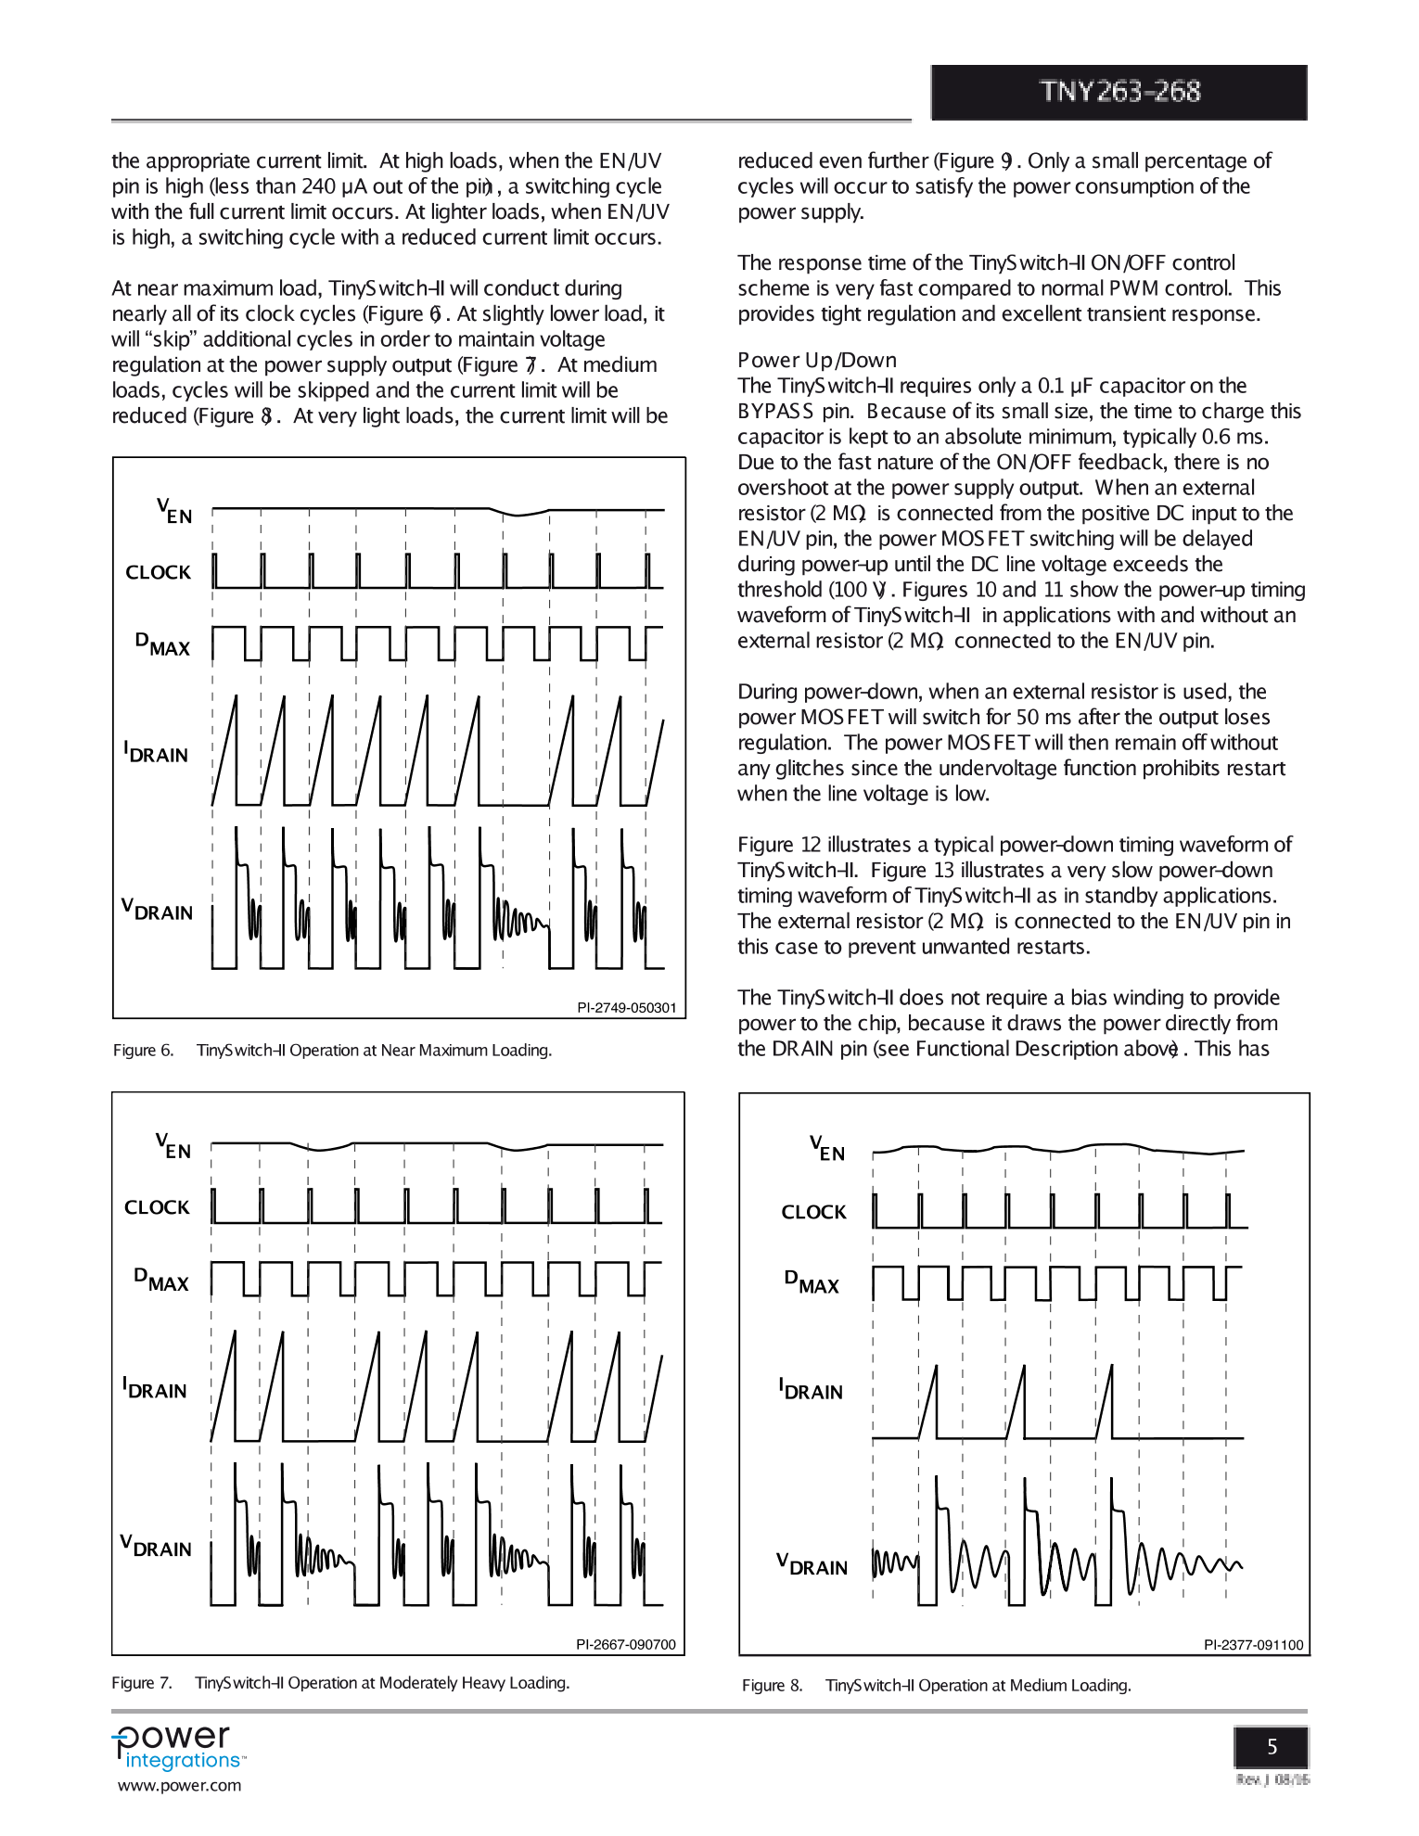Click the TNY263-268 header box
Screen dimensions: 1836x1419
tap(1119, 92)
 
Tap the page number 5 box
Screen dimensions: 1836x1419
tap(1271, 1747)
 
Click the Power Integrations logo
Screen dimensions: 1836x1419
tap(178, 1748)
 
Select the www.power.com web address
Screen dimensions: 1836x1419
tap(179, 1786)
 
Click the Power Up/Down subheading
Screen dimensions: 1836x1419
tap(816, 360)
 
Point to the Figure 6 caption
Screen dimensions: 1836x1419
tap(332, 1050)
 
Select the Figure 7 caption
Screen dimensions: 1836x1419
tap(340, 1683)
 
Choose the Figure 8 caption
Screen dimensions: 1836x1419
tap(936, 1685)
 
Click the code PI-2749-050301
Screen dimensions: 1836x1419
tap(626, 1008)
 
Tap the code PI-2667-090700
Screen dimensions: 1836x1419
tap(626, 1644)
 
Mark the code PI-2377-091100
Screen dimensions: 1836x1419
tap(1253, 1645)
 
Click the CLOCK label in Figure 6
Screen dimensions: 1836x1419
tap(158, 572)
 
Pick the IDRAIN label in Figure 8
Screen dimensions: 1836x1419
tap(811, 1390)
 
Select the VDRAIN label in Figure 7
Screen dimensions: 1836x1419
tap(156, 1547)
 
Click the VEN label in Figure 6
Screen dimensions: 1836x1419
tap(173, 511)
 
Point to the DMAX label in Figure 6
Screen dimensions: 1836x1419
tap(162, 644)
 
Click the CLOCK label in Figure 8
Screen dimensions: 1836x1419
tap(813, 1212)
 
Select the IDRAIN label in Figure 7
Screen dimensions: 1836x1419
tap(155, 1389)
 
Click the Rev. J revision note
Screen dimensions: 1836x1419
tap(1272, 1779)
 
